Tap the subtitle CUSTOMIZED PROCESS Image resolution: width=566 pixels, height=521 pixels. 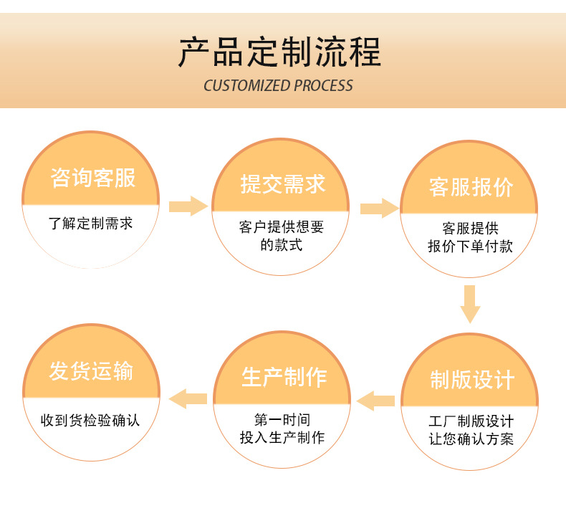(278, 86)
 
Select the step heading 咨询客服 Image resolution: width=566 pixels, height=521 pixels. (93, 177)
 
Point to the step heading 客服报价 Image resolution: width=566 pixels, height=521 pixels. (471, 186)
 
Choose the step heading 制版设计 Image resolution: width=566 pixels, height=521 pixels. (471, 380)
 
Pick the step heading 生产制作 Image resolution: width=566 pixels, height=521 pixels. (284, 378)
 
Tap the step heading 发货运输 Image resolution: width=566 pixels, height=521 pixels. (91, 371)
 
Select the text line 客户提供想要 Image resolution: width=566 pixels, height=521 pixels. (282, 227)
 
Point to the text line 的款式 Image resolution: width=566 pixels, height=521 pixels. (282, 245)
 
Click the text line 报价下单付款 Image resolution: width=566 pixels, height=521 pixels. (471, 247)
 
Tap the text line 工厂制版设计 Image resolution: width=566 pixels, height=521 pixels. (471, 421)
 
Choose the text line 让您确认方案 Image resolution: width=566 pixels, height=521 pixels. (471, 439)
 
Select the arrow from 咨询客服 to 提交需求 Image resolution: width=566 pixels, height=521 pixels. (188, 206)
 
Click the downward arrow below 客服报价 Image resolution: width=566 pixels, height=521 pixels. (470, 304)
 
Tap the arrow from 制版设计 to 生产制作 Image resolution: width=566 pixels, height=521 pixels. (375, 400)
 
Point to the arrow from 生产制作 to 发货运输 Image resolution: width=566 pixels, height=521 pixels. (188, 398)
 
